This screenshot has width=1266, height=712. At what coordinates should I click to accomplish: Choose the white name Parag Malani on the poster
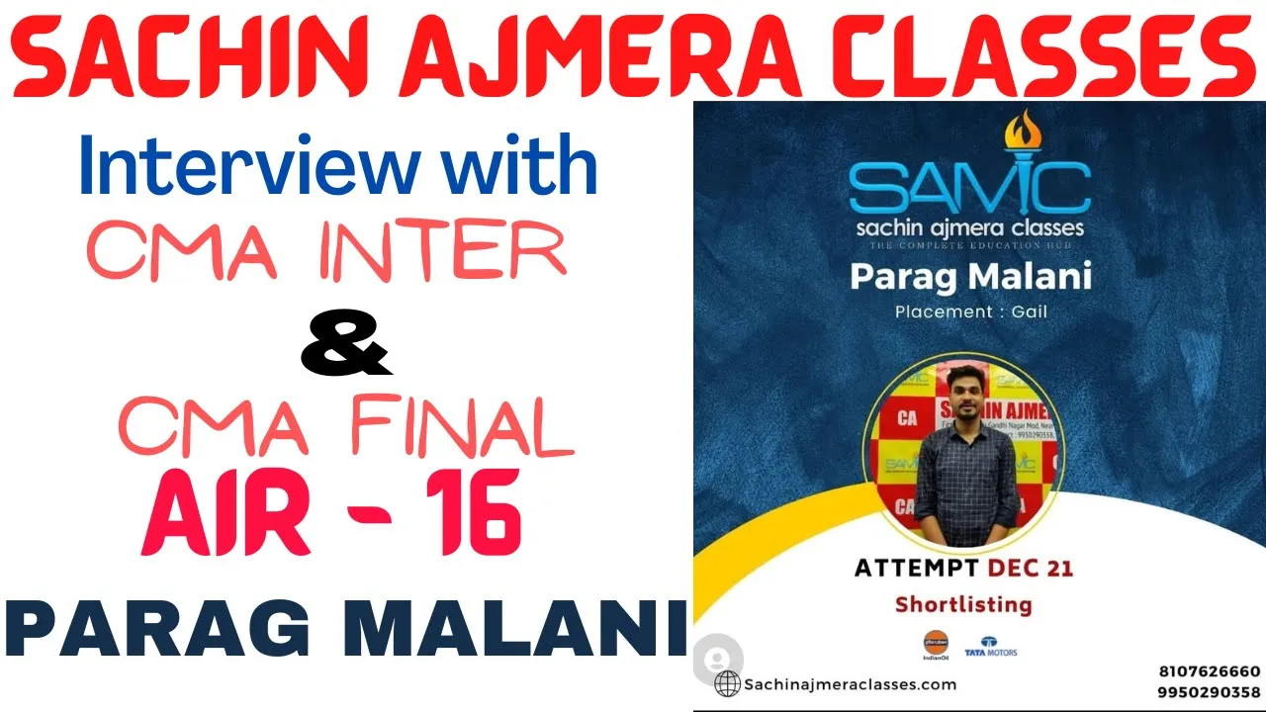[x=970, y=276]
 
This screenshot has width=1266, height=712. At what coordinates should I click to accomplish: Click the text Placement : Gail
[x=970, y=311]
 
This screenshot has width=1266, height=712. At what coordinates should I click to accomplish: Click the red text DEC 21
[x=1029, y=568]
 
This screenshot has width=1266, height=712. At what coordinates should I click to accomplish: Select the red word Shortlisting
[x=962, y=603]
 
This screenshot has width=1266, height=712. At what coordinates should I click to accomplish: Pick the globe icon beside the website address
[x=727, y=683]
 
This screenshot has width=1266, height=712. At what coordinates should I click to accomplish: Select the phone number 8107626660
[x=1210, y=671]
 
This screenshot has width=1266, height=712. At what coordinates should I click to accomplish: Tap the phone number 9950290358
[x=1210, y=692]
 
